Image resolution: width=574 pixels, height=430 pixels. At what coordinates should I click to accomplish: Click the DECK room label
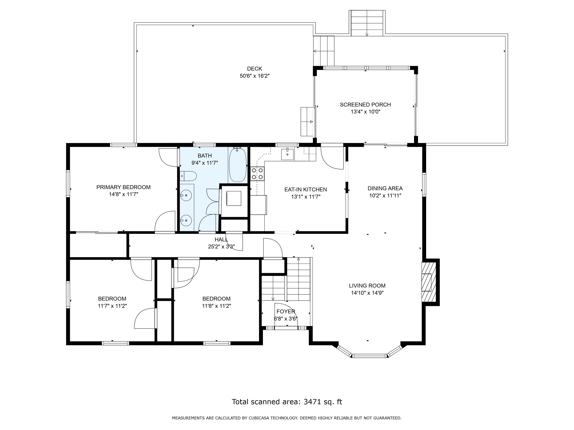(254, 69)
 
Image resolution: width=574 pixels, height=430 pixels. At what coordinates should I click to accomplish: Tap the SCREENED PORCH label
(365, 105)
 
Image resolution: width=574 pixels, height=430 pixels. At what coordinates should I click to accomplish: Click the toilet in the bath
(188, 176)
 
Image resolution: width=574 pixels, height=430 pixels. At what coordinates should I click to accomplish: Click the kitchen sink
(288, 155)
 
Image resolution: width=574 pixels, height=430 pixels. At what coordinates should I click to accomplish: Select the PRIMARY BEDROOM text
(124, 187)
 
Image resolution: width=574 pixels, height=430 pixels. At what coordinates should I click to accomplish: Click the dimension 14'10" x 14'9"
(367, 293)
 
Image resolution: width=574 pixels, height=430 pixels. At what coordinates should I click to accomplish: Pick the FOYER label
(286, 311)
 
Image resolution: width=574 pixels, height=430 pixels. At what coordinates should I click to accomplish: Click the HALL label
(221, 239)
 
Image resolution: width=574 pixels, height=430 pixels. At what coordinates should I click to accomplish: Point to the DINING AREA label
(385, 188)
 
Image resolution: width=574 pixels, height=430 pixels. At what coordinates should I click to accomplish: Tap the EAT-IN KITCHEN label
(305, 189)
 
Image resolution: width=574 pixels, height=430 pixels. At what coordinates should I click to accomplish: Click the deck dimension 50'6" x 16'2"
(254, 76)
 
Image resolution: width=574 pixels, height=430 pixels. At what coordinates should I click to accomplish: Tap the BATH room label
(205, 156)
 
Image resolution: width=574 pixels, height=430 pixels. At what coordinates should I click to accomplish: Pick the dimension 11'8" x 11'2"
(216, 306)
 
